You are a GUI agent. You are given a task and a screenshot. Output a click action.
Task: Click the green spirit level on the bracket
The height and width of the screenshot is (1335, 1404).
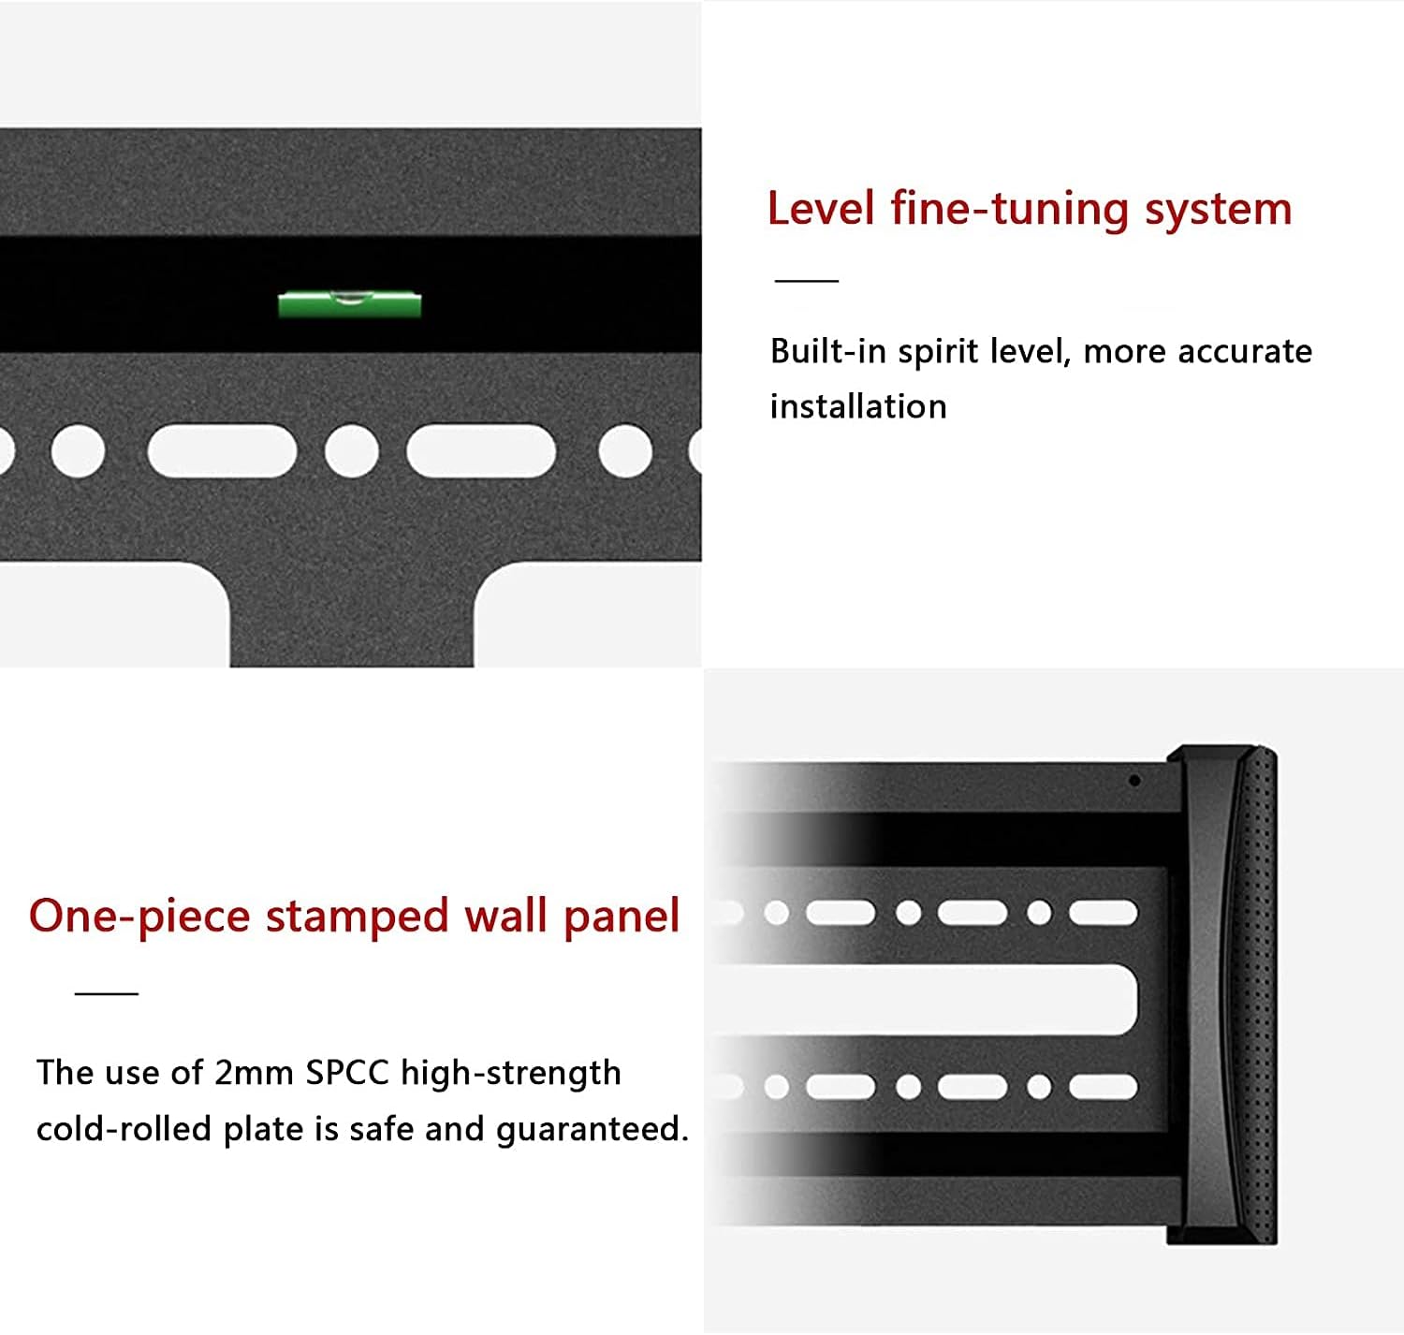point(349,304)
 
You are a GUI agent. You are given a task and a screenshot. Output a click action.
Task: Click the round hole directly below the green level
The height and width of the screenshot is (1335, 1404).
point(351,450)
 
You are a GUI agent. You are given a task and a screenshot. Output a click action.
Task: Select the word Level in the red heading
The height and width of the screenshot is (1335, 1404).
point(820,209)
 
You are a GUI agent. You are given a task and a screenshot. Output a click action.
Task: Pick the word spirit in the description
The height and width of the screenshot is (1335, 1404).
point(938,353)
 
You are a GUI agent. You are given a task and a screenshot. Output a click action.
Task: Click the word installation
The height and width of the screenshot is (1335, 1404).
point(858,407)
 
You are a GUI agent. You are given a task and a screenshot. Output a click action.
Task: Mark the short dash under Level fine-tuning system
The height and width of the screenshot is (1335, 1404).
point(807,280)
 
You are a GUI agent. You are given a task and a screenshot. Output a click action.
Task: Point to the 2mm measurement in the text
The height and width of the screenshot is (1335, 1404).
point(254,1073)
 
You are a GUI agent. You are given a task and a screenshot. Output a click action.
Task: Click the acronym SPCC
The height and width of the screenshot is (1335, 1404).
point(347,1073)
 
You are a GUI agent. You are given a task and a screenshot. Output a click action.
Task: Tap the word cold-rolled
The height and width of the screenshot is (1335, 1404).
point(124,1129)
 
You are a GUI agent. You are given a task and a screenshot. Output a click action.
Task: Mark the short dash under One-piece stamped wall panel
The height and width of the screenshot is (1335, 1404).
point(107,992)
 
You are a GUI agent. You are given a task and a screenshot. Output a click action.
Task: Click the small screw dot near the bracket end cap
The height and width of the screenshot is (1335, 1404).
point(1134,780)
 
